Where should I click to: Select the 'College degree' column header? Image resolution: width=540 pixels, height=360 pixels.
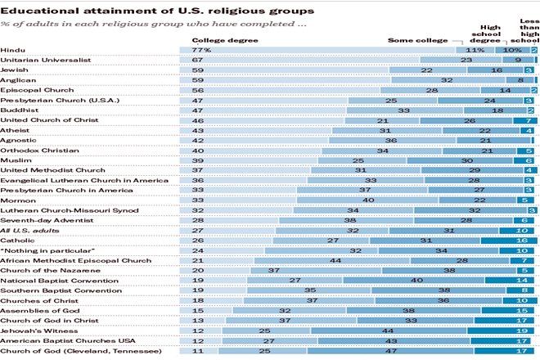point(215,39)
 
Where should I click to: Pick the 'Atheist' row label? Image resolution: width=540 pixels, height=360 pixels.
point(16,130)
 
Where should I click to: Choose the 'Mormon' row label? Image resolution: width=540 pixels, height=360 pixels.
point(16,200)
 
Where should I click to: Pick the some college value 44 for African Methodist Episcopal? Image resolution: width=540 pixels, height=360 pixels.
point(335,260)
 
